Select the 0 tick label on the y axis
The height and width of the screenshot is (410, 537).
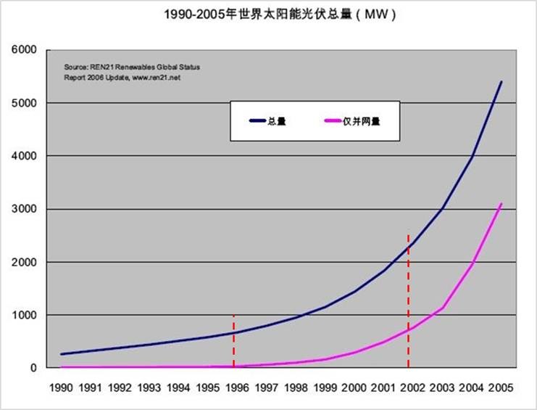click(32, 368)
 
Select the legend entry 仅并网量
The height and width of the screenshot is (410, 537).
click(362, 121)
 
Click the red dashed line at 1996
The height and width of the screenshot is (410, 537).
click(234, 341)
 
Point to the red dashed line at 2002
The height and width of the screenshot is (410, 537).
click(409, 305)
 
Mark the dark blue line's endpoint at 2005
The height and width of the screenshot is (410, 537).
click(501, 82)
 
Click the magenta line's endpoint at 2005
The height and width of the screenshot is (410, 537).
click(501, 204)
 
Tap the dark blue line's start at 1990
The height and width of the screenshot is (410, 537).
click(61, 354)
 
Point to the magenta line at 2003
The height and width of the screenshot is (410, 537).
click(443, 308)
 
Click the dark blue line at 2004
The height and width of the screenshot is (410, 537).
click(472, 157)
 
